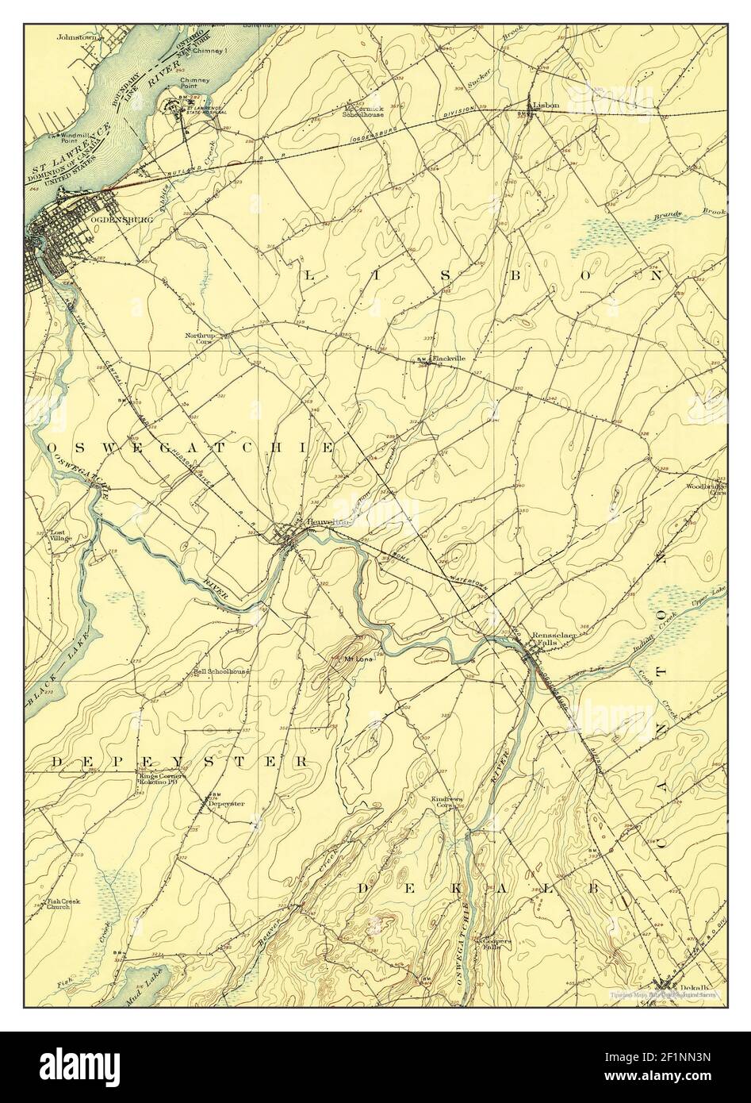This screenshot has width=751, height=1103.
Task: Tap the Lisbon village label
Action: [546, 105]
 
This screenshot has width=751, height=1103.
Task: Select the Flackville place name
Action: [448, 359]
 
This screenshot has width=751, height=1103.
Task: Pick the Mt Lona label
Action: [358, 659]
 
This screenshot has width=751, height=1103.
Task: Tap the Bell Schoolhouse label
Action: [221, 671]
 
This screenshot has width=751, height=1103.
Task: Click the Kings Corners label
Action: [162, 776]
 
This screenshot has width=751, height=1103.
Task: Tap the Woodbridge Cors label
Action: [705, 489]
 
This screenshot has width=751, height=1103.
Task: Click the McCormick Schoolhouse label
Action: [362, 111]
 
